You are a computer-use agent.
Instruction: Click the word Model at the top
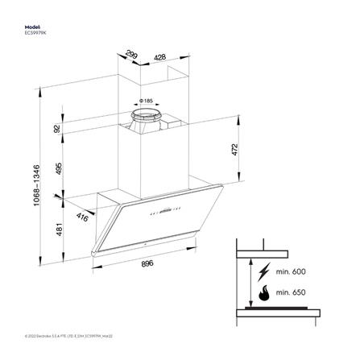tap(33, 26)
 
